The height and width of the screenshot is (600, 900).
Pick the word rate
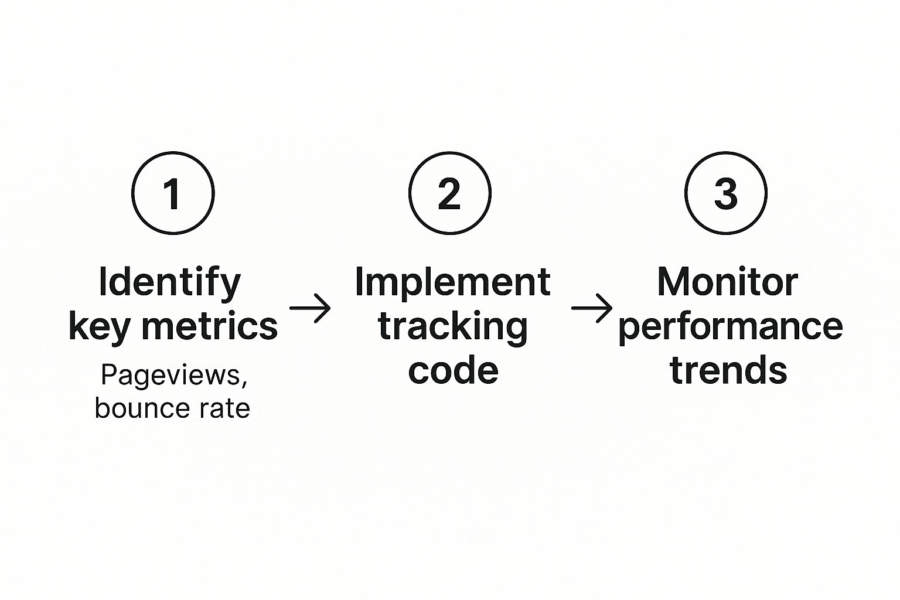point(230,408)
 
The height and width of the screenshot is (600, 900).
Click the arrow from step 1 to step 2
point(310,308)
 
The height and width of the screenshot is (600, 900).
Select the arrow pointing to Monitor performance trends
point(592,308)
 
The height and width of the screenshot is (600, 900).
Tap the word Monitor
point(727,282)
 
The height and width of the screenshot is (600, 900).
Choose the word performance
point(730,328)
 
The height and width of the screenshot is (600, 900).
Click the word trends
point(728,369)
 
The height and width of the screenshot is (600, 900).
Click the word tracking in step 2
point(453,328)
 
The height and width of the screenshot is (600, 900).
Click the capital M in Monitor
point(674,282)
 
